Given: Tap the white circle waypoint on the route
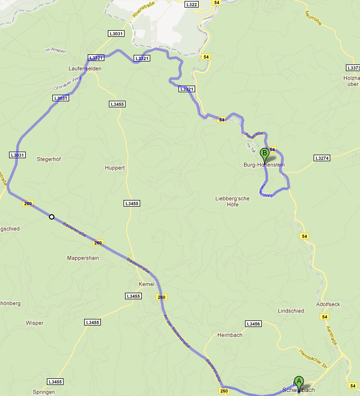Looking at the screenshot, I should tap(51, 217).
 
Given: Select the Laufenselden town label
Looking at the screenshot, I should tap(85, 68).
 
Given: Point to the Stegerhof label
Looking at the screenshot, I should tap(49, 159).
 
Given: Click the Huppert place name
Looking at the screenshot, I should tap(114, 168).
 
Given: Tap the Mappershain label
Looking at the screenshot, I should tap(83, 258).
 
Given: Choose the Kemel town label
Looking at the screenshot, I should tap(146, 284).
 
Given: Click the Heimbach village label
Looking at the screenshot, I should tap(229, 335).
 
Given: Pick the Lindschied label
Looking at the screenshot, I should tap(291, 311).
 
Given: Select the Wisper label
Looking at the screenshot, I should tap(34, 323).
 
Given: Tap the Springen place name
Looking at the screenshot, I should tap(43, 392).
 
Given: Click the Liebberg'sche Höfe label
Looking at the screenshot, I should tap(232, 202).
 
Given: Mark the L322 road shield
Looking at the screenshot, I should tap(192, 5).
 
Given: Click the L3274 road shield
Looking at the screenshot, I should tap(321, 158).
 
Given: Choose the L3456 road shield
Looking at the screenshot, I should tap(253, 323).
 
